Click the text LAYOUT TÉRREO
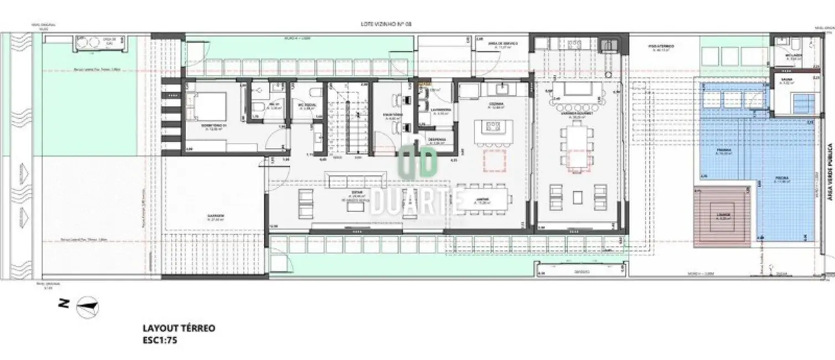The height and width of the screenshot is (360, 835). point(178,328)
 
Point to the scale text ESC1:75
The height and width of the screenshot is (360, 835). point(160,341)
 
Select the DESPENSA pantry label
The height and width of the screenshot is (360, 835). point(436,140)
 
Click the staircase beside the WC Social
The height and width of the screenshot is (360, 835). point(347,117)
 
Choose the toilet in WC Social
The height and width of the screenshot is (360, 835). point(314,92)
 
